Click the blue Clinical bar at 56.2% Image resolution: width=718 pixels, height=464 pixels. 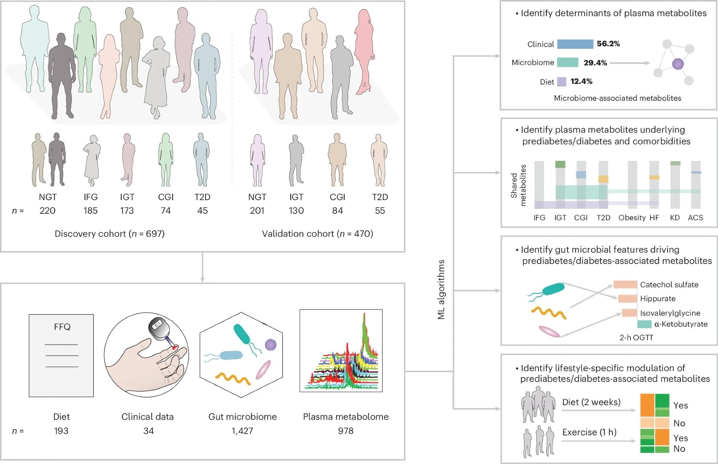(x=575, y=44)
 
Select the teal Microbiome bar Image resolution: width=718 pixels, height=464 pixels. (x=568, y=63)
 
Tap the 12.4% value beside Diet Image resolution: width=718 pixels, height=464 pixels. (x=581, y=81)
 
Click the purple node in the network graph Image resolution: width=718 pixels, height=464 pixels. (x=677, y=64)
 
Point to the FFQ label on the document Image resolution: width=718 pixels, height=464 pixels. (x=62, y=327)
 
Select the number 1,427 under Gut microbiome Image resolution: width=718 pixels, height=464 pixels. (x=242, y=431)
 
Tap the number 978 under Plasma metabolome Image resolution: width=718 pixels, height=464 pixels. (x=345, y=431)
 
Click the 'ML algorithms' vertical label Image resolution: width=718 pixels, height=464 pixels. (x=441, y=289)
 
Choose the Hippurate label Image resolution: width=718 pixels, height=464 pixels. (x=658, y=299)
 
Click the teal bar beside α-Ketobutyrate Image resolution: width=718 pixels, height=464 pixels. (x=644, y=324)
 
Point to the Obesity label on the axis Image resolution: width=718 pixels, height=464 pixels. (x=632, y=218)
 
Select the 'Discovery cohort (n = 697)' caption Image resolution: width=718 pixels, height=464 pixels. (x=109, y=234)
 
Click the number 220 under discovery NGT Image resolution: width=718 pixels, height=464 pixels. (x=47, y=210)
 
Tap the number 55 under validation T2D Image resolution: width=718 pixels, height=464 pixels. (x=380, y=210)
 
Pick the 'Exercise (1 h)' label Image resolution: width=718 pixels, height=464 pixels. (x=589, y=432)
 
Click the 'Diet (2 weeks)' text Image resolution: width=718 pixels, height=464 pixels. (x=591, y=402)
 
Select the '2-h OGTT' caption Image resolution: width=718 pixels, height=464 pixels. (x=636, y=337)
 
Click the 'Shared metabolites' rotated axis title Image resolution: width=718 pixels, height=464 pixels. (x=518, y=185)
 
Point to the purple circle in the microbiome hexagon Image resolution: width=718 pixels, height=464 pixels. (x=271, y=345)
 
